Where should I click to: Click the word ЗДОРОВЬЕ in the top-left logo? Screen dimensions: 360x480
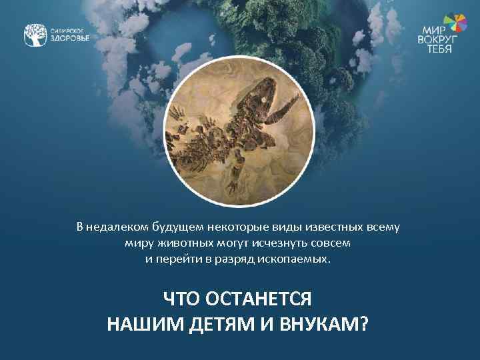pyautogui.click(x=70, y=38)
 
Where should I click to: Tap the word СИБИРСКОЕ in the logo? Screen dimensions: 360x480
pyautogui.click(x=68, y=30)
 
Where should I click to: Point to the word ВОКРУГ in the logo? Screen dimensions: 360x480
pyautogui.click(x=435, y=39)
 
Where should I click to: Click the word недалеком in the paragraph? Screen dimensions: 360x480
pyautogui.click(x=113, y=227)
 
